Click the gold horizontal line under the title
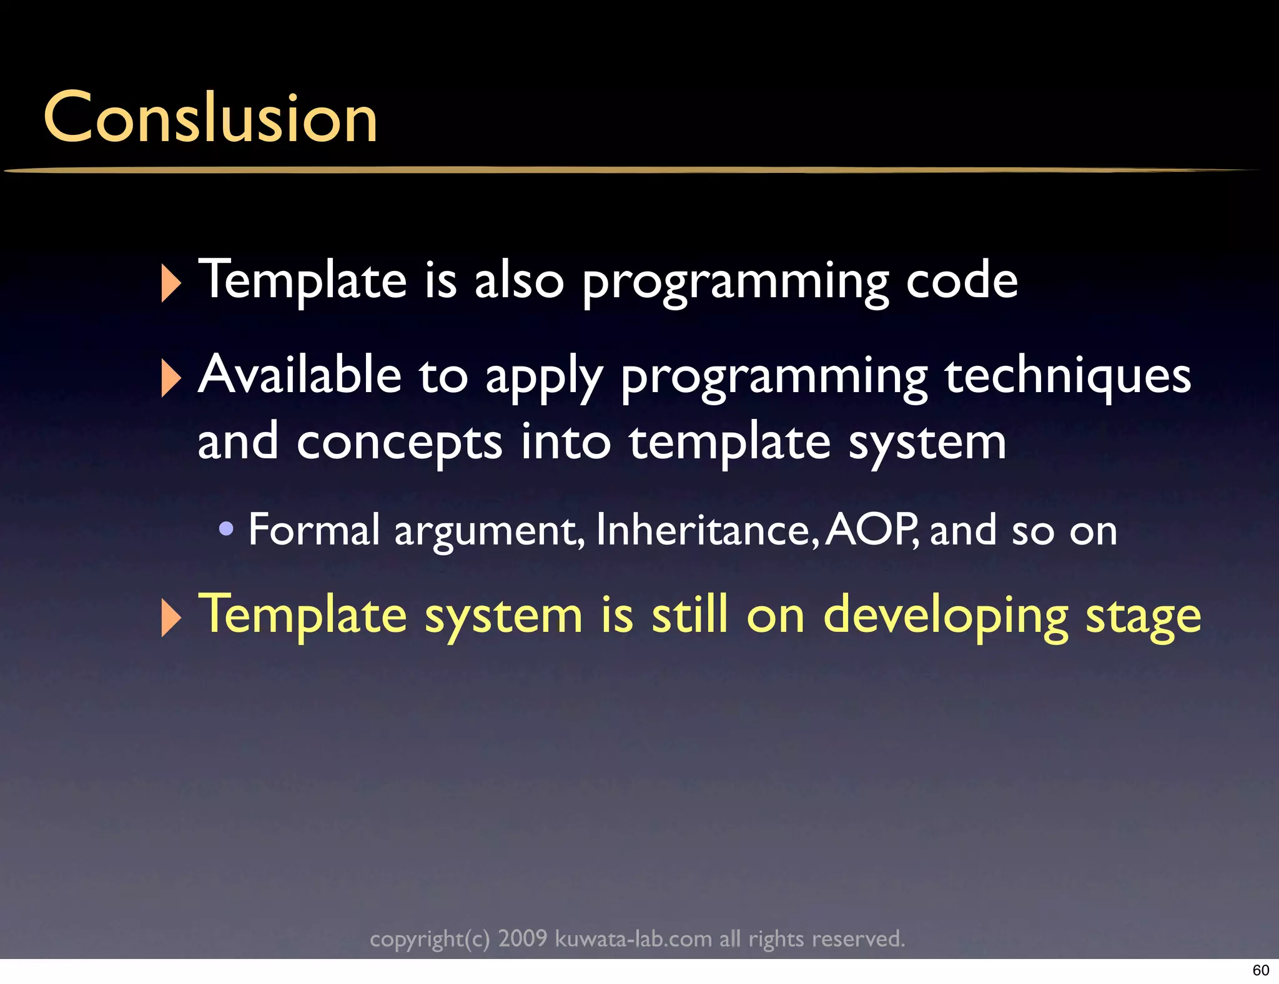[625, 169]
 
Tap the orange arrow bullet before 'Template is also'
[170, 283]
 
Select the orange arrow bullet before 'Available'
[170, 378]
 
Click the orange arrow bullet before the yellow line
[170, 617]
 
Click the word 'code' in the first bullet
[962, 281]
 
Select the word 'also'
[519, 281]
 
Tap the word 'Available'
[300, 375]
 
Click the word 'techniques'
[1068, 377]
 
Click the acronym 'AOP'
[870, 530]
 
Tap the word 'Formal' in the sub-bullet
[314, 530]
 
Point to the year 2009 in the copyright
[522, 938]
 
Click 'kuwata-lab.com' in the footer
[633, 938]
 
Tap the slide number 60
[1260, 970]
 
